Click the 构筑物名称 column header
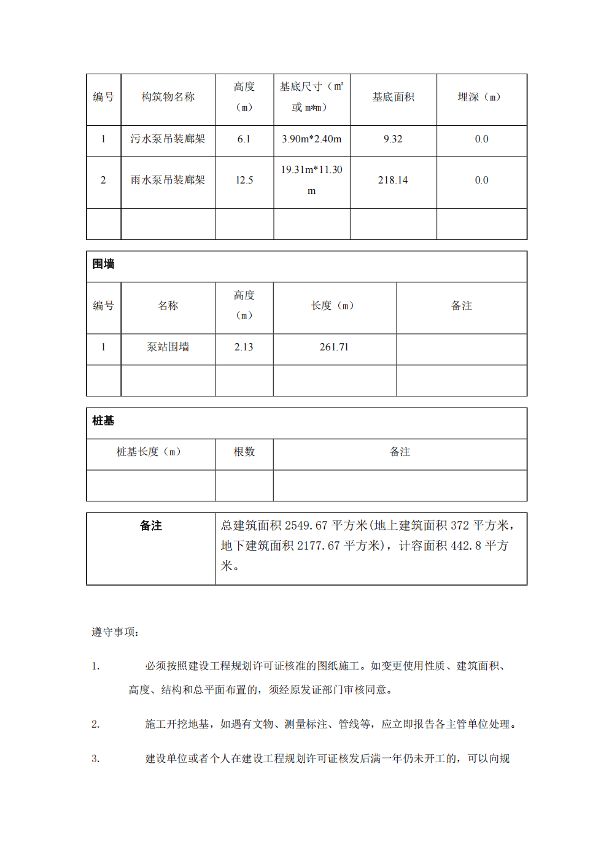click(168, 97)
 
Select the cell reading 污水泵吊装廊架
click(168, 139)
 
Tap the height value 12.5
click(244, 180)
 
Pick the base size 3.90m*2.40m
click(311, 139)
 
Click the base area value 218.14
click(393, 180)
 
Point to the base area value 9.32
click(393, 139)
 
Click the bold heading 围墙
click(104, 264)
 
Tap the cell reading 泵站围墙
click(168, 347)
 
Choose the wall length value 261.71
click(334, 347)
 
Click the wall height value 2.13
click(244, 347)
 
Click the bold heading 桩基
click(103, 421)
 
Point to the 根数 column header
click(244, 452)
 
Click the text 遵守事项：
click(115, 632)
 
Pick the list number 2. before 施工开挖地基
click(96, 725)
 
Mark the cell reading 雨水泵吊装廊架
click(168, 180)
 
